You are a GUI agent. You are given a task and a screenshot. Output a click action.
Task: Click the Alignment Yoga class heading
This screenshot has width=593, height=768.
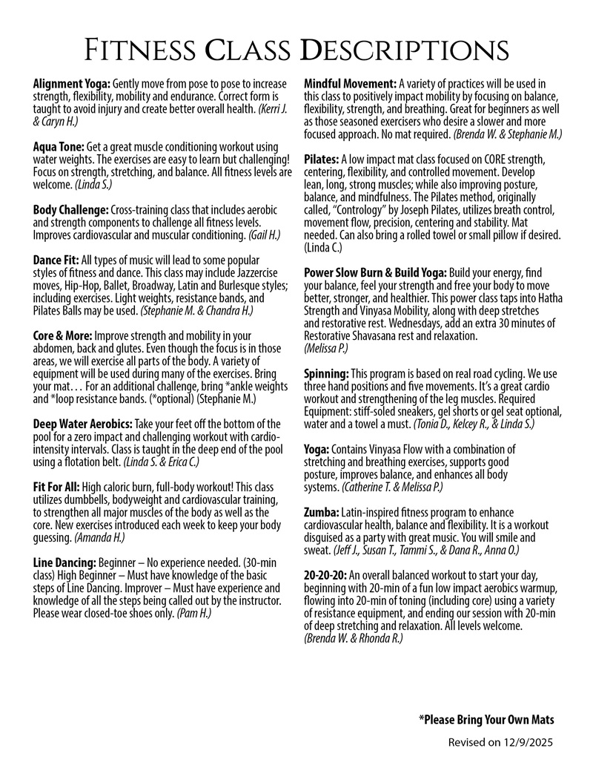(72, 84)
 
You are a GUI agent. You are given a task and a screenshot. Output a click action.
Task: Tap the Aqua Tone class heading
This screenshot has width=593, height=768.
(59, 148)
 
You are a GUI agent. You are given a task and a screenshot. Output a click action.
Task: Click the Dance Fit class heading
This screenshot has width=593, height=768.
(56, 260)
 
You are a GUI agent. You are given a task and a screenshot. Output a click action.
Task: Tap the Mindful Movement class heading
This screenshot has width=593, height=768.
(350, 84)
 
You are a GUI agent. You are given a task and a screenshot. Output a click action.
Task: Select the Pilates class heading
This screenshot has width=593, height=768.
(322, 160)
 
